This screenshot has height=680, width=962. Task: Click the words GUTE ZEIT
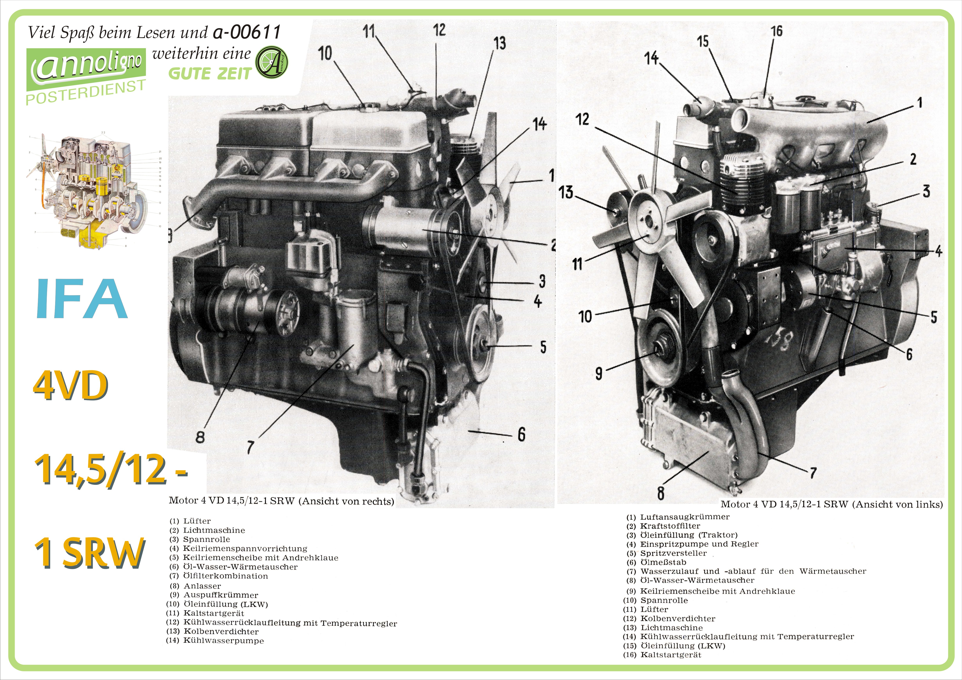210,74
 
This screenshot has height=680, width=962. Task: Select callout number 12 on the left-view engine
582,119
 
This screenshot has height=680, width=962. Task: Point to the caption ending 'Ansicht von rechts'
282,501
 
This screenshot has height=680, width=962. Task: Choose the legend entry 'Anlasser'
202,586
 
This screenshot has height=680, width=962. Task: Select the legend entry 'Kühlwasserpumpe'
223,641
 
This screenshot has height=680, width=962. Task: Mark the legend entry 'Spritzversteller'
673,553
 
